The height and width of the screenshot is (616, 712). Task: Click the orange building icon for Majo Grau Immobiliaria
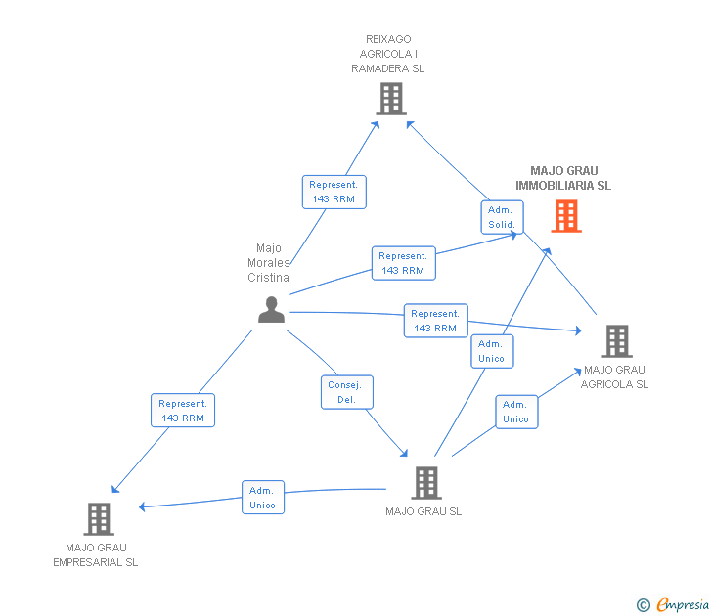point(566,216)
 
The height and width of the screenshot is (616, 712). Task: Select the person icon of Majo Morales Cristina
point(271,309)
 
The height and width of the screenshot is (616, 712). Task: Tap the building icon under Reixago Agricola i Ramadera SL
point(390,99)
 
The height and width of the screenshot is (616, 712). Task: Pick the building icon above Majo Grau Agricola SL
point(616,341)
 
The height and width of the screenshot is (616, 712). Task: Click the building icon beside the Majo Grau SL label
point(425,483)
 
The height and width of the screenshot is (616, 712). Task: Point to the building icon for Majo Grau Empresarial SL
point(99,519)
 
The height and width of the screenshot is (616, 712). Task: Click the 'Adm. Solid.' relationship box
point(502,217)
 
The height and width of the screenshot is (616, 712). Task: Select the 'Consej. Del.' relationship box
point(347,392)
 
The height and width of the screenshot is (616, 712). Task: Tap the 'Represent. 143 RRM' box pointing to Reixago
point(334,192)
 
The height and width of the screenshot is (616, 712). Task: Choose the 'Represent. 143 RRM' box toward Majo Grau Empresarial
point(183,411)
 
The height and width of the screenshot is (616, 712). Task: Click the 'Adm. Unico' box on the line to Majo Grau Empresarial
point(262,498)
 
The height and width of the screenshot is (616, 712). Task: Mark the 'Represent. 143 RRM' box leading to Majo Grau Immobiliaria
point(403,263)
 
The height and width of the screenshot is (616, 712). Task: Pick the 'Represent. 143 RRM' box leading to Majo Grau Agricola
point(435,321)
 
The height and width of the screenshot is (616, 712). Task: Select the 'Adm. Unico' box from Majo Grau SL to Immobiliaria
point(491,351)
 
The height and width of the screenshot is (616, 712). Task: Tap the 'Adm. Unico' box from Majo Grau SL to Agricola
point(515,412)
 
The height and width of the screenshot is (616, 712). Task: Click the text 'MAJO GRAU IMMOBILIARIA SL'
point(563,178)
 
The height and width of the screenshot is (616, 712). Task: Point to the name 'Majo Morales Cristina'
point(268,262)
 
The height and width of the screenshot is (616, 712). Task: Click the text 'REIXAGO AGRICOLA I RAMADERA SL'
point(388,54)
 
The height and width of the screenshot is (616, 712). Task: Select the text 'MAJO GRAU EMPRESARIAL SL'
point(96,554)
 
